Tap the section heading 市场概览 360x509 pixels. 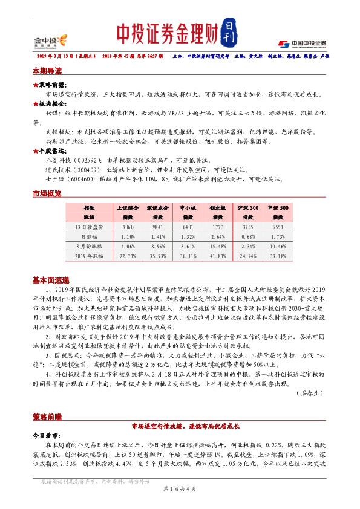pyautogui.click(x=47, y=194)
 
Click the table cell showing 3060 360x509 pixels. pyautogui.click(x=128, y=226)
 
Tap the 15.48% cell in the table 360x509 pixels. pyautogui.click(x=218, y=245)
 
